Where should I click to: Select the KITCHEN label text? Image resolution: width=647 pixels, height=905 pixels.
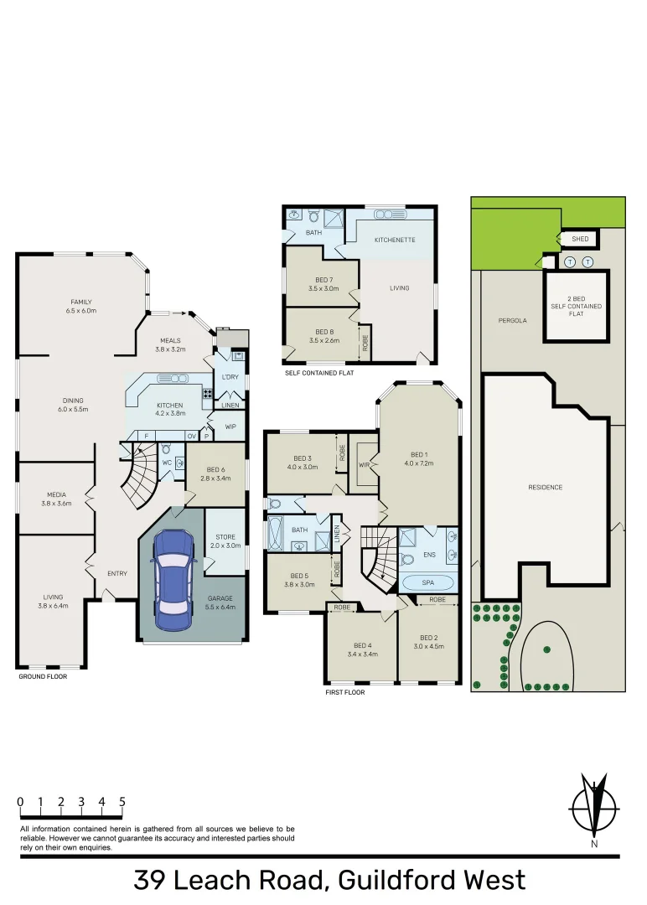click(168, 406)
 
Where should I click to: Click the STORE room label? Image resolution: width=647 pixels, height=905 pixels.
click(225, 537)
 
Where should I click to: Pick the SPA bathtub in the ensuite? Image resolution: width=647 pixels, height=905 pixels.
click(428, 582)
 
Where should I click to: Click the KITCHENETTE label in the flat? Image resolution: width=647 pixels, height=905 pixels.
click(395, 240)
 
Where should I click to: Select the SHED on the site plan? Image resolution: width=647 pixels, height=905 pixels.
click(580, 240)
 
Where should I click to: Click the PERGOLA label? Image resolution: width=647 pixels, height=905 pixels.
click(512, 320)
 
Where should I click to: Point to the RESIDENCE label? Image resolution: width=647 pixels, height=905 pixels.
click(546, 487)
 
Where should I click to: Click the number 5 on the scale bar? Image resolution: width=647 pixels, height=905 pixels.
click(122, 802)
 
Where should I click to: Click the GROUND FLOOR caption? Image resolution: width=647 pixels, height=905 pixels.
click(43, 676)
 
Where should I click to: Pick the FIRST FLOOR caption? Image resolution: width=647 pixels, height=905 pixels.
click(344, 693)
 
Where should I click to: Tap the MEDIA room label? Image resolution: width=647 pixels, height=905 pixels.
click(57, 494)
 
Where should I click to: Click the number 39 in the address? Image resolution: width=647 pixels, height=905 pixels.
click(149, 881)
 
